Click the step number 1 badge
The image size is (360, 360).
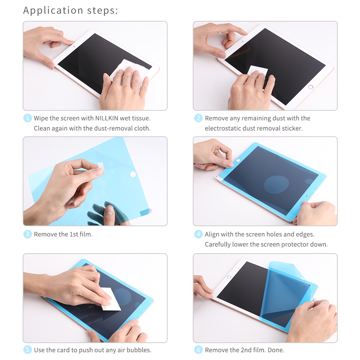(x=28, y=118)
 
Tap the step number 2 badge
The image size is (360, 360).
(x=199, y=118)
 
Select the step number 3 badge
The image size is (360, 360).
(x=28, y=234)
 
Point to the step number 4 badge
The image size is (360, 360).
(x=199, y=234)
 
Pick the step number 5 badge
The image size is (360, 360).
(x=28, y=350)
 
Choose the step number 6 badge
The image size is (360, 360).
(x=199, y=350)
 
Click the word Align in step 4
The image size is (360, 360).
(x=212, y=234)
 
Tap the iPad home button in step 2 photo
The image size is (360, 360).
(x=311, y=87)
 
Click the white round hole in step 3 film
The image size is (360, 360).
(x=133, y=174)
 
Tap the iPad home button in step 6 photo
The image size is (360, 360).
(x=229, y=277)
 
